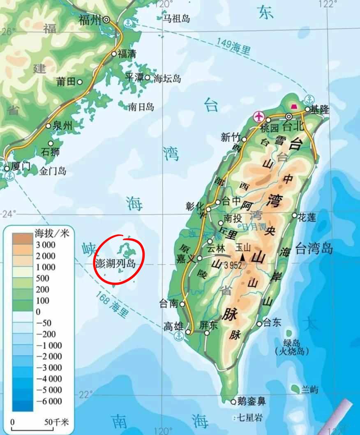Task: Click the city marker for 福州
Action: click(106, 19)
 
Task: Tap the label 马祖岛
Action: click(176, 18)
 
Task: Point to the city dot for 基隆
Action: click(307, 109)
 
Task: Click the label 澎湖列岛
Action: click(115, 263)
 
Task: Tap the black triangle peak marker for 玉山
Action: click(242, 257)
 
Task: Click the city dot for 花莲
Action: click(295, 215)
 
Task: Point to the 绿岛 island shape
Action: click(290, 334)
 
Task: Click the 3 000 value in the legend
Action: click(46, 245)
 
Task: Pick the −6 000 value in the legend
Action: click(49, 401)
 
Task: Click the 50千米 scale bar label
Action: click(57, 422)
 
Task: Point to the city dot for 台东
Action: click(259, 324)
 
